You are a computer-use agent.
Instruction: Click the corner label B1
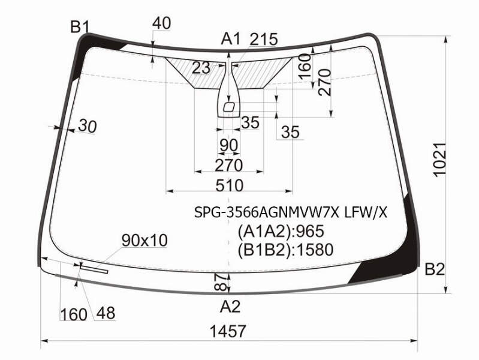click(x=80, y=27)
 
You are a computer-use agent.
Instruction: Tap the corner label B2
click(x=435, y=269)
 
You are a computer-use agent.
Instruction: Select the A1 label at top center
click(x=231, y=39)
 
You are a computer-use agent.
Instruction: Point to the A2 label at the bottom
click(x=230, y=306)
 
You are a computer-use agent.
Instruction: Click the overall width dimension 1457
click(x=228, y=331)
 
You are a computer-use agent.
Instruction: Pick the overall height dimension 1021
click(x=440, y=160)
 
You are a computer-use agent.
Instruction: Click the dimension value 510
click(x=230, y=185)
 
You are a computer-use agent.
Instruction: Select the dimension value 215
click(x=264, y=39)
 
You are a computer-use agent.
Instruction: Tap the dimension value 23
click(x=201, y=68)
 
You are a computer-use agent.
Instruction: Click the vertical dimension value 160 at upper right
click(x=305, y=65)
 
